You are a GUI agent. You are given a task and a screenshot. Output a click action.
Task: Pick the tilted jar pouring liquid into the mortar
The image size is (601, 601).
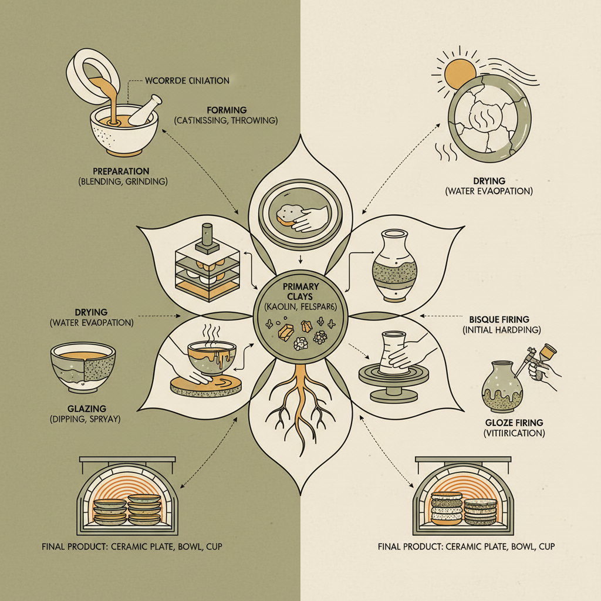(96, 76)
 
